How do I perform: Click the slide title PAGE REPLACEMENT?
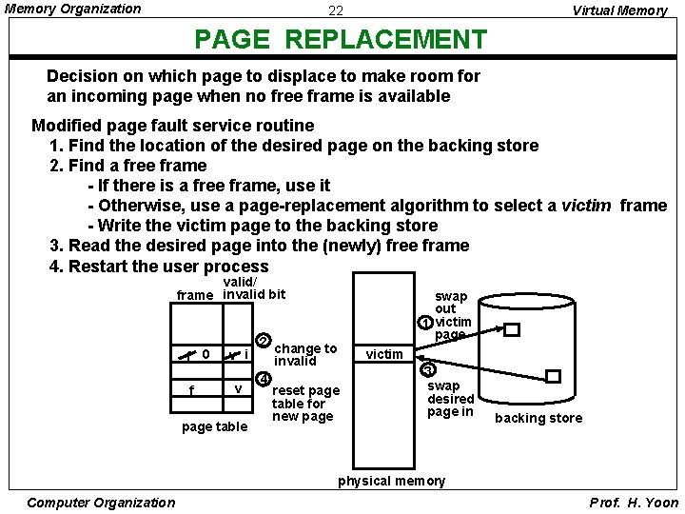(x=340, y=40)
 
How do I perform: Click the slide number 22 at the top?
(x=336, y=11)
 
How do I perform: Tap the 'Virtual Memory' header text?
(x=619, y=11)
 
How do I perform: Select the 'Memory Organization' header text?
(x=73, y=9)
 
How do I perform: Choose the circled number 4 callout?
(x=264, y=374)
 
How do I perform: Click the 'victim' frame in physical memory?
(x=384, y=354)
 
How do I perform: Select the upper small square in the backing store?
(x=512, y=330)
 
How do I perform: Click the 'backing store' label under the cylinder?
(x=538, y=418)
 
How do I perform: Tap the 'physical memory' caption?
(x=391, y=481)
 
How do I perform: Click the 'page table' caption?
(x=214, y=426)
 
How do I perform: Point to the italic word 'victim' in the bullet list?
(x=586, y=206)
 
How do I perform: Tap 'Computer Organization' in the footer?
(x=102, y=503)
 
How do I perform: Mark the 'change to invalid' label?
(x=305, y=355)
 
